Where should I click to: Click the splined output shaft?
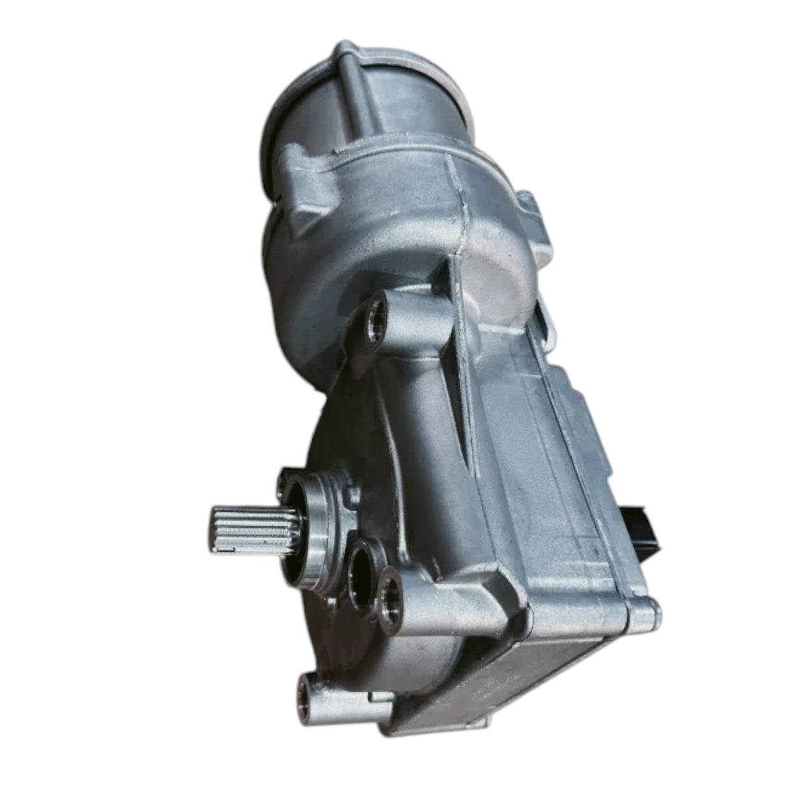[x=243, y=526]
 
